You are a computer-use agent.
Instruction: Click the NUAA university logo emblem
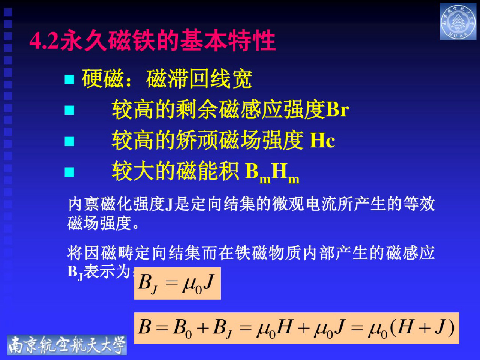pos(458,22)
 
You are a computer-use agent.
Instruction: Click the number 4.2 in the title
pos(44,40)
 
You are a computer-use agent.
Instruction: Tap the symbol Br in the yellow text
pos(337,109)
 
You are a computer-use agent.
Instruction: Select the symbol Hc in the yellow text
pos(322,141)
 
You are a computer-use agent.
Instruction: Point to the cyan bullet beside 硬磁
pos(69,79)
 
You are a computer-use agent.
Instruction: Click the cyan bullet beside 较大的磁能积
pos(69,172)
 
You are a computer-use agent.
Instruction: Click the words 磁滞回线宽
pos(199,79)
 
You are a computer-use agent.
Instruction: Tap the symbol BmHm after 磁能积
pos(272,172)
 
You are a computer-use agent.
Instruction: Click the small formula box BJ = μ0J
pos(177,283)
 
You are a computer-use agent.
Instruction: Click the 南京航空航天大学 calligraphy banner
pos(67,345)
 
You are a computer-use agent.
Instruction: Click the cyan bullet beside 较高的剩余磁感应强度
pos(69,110)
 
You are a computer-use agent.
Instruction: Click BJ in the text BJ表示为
pos(75,272)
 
